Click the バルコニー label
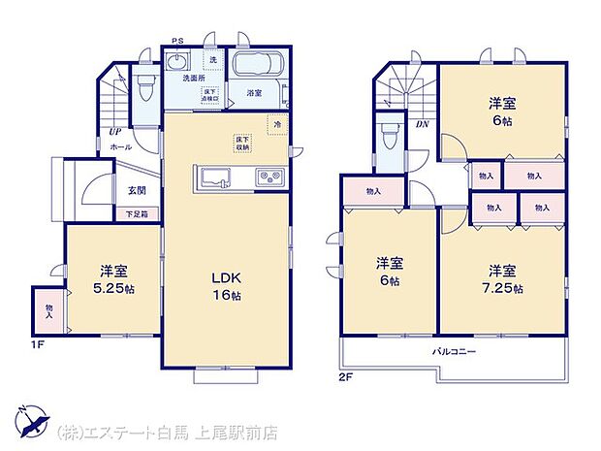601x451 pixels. pyautogui.click(x=454, y=351)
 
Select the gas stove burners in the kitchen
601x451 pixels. pyautogui.click(x=268, y=177)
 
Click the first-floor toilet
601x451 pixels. pyautogui.click(x=145, y=90)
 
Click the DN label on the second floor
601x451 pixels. pyautogui.click(x=423, y=125)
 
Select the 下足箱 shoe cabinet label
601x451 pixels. pyautogui.click(x=136, y=212)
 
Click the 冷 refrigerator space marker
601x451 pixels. pyautogui.click(x=276, y=124)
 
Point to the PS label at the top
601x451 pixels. pyautogui.click(x=176, y=41)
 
